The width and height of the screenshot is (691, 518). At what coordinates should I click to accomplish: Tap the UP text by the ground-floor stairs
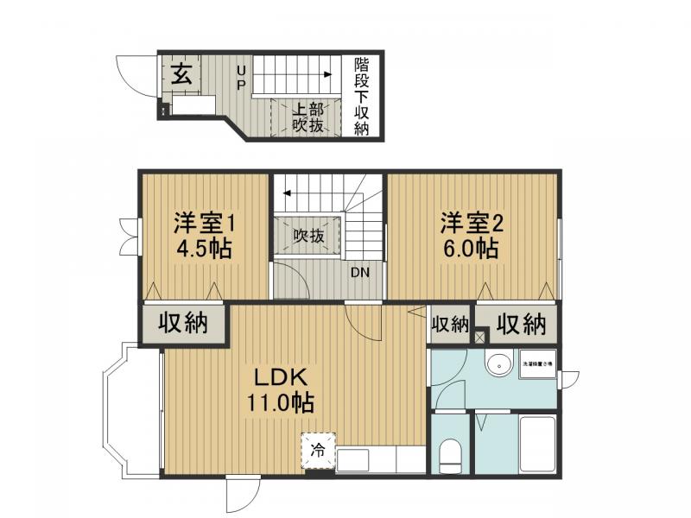[x=241, y=77]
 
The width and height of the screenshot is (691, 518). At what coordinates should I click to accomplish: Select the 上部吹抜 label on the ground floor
[x=306, y=117]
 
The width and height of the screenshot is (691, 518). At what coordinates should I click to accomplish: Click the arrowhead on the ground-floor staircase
[x=328, y=75]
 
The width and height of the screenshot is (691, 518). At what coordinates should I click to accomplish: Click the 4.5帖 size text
[x=204, y=250]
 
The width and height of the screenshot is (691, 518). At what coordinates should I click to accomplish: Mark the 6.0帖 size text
[x=471, y=250]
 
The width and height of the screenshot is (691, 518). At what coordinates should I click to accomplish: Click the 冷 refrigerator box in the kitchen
[x=318, y=449]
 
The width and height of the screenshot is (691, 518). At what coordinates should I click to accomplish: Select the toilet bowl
[x=449, y=455]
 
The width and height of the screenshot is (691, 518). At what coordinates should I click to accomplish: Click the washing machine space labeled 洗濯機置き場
[x=537, y=363]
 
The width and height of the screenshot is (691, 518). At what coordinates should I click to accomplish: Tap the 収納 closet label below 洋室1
[x=184, y=324]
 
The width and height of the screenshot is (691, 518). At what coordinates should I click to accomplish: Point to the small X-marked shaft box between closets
[x=479, y=337]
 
